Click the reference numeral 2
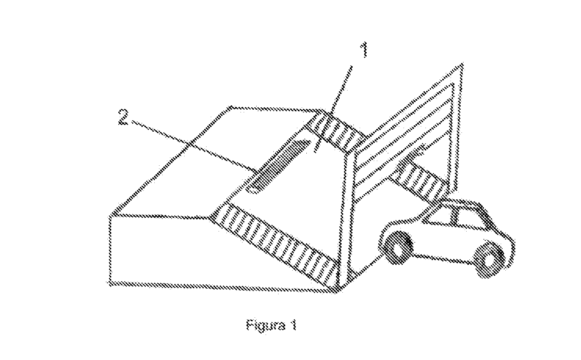123,117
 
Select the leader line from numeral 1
333,109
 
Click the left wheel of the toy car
398,247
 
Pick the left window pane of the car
439,216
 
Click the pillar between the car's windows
454,217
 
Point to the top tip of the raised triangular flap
462,64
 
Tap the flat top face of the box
213,161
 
